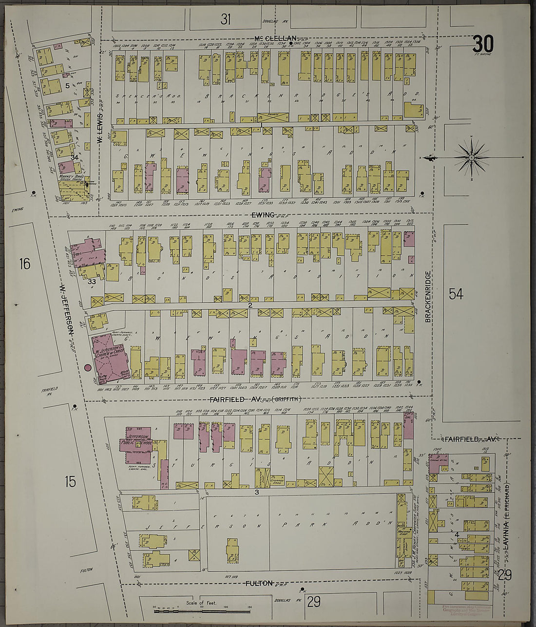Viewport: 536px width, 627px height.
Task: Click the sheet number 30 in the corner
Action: [x=482, y=45]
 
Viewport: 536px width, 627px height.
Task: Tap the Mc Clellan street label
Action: [x=275, y=38]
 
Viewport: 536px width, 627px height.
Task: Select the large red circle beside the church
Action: [x=88, y=368]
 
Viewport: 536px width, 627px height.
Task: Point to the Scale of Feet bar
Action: [x=202, y=609]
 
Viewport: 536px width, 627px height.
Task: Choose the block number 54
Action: [x=456, y=294]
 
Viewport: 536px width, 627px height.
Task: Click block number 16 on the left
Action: [x=25, y=264]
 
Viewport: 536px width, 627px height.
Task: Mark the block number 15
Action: [x=70, y=481]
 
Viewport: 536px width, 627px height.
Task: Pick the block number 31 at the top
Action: [x=225, y=19]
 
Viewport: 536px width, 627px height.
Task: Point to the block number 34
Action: [x=75, y=157]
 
